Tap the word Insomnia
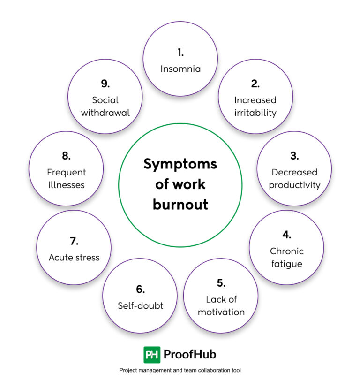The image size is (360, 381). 180,69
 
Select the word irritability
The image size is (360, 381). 255,113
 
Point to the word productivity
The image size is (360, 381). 294,184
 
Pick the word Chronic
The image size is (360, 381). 287,251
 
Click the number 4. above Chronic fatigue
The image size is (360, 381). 287,235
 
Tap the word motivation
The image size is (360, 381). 221,312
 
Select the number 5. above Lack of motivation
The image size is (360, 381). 221,282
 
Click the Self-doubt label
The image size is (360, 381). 141,305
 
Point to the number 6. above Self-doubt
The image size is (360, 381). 141,289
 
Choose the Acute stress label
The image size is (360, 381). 74,257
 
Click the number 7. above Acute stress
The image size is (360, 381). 74,241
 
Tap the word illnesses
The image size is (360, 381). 66,184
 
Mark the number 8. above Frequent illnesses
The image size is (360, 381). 66,156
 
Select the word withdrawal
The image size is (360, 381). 105,113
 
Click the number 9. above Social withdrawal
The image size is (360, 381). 105,84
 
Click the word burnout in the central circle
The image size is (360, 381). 180,205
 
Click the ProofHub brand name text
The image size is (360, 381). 190,354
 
